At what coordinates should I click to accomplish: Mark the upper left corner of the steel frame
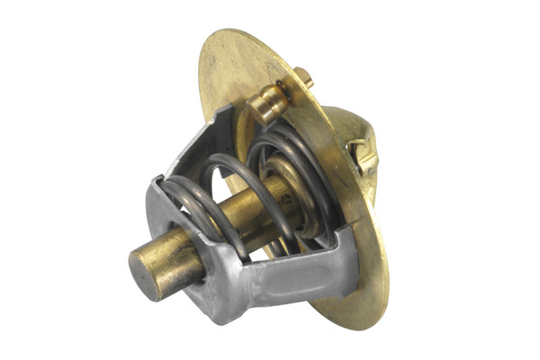pyautogui.click(x=155, y=184)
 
